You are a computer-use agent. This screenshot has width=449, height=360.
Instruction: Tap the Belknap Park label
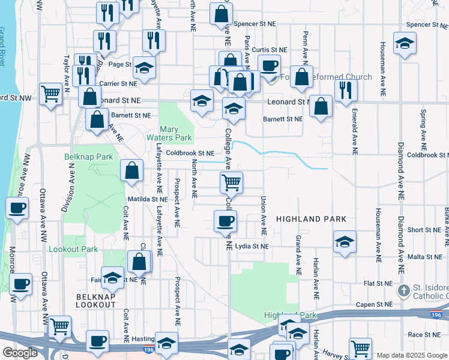pos(88,157)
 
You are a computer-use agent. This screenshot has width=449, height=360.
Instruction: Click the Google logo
pos(20,353)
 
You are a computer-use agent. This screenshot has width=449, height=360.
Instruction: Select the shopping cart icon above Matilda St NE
pos(231,181)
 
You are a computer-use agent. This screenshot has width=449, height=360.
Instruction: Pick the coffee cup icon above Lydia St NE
pos(225,220)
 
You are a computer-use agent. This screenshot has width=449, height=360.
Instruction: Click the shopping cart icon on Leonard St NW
pos(51,94)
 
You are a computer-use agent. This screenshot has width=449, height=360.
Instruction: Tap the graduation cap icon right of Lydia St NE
pos(344,242)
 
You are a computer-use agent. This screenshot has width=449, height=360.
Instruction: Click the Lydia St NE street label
pos(252,247)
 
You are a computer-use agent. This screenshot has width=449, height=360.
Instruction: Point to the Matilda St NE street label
pos(147,199)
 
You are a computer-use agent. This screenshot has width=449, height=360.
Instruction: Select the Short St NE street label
pos(424,230)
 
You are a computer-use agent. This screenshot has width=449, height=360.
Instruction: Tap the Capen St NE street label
pos(375,304)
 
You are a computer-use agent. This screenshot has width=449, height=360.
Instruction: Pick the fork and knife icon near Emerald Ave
pos(346,90)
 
